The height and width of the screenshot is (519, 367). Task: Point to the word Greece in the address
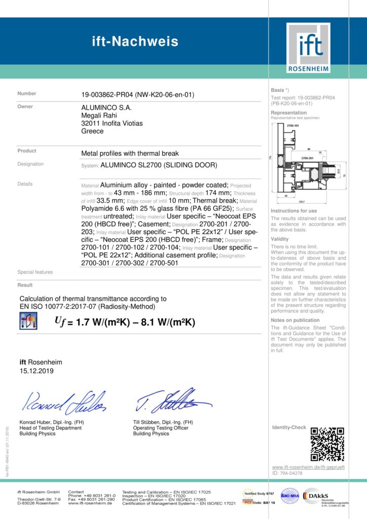(92, 131)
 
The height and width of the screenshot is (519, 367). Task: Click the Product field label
(27, 151)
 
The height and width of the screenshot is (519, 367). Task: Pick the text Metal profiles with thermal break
(130, 153)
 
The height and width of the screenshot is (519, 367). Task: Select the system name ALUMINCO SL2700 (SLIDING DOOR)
(159, 165)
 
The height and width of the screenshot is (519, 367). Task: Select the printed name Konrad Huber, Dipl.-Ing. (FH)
(51, 422)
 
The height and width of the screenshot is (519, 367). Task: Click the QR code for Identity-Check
(327, 444)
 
